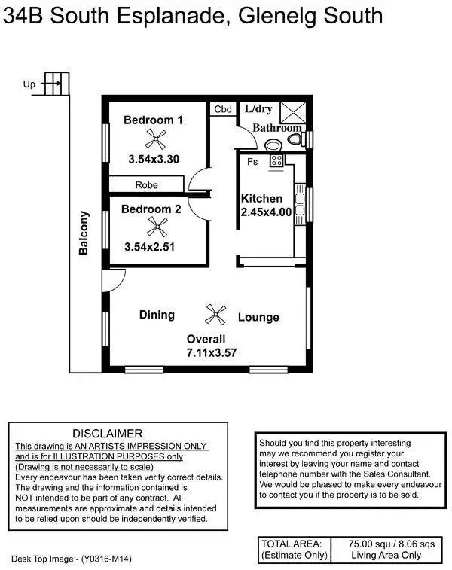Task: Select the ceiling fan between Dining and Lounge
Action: tap(216, 313)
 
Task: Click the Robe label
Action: tap(146, 184)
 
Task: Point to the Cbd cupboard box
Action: tap(223, 109)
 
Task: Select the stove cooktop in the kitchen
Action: tap(276, 160)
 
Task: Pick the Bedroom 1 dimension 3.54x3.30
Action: tap(154, 159)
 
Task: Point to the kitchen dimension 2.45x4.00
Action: tap(266, 212)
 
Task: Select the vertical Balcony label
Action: tap(84, 233)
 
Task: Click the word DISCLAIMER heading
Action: tap(107, 434)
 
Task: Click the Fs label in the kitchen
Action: tap(252, 161)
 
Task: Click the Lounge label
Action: tap(258, 317)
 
